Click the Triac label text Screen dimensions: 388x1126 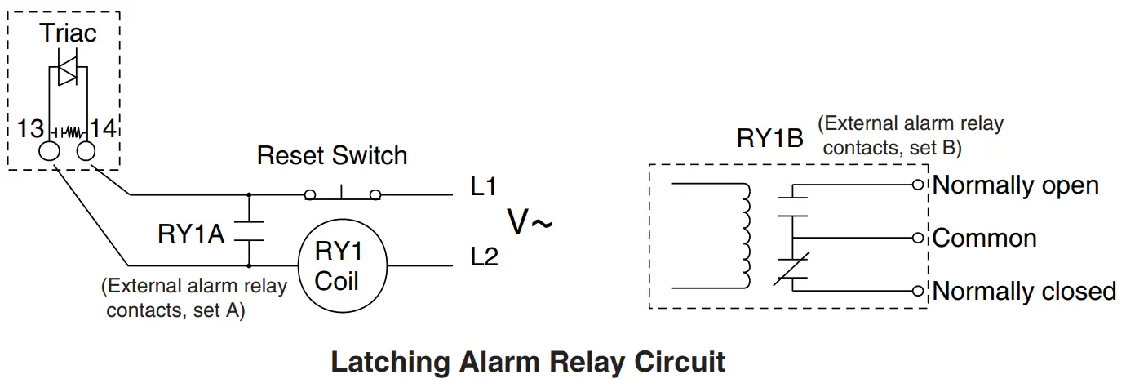(x=69, y=33)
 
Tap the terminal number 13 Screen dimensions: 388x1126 (x=31, y=128)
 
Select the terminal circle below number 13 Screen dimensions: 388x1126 (x=51, y=152)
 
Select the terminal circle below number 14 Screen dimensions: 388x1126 (x=86, y=152)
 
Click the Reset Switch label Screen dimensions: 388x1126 (x=332, y=155)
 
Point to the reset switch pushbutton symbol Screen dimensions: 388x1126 (x=343, y=194)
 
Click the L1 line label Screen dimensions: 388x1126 (x=484, y=187)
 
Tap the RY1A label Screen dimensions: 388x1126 (x=191, y=234)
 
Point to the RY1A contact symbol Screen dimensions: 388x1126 (x=248, y=230)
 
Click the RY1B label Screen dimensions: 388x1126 (x=769, y=138)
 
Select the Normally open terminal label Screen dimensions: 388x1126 (x=1016, y=185)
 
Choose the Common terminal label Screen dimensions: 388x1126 (x=984, y=239)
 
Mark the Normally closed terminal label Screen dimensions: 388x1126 (x=1024, y=292)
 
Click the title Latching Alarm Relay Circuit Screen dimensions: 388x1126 (x=528, y=362)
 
